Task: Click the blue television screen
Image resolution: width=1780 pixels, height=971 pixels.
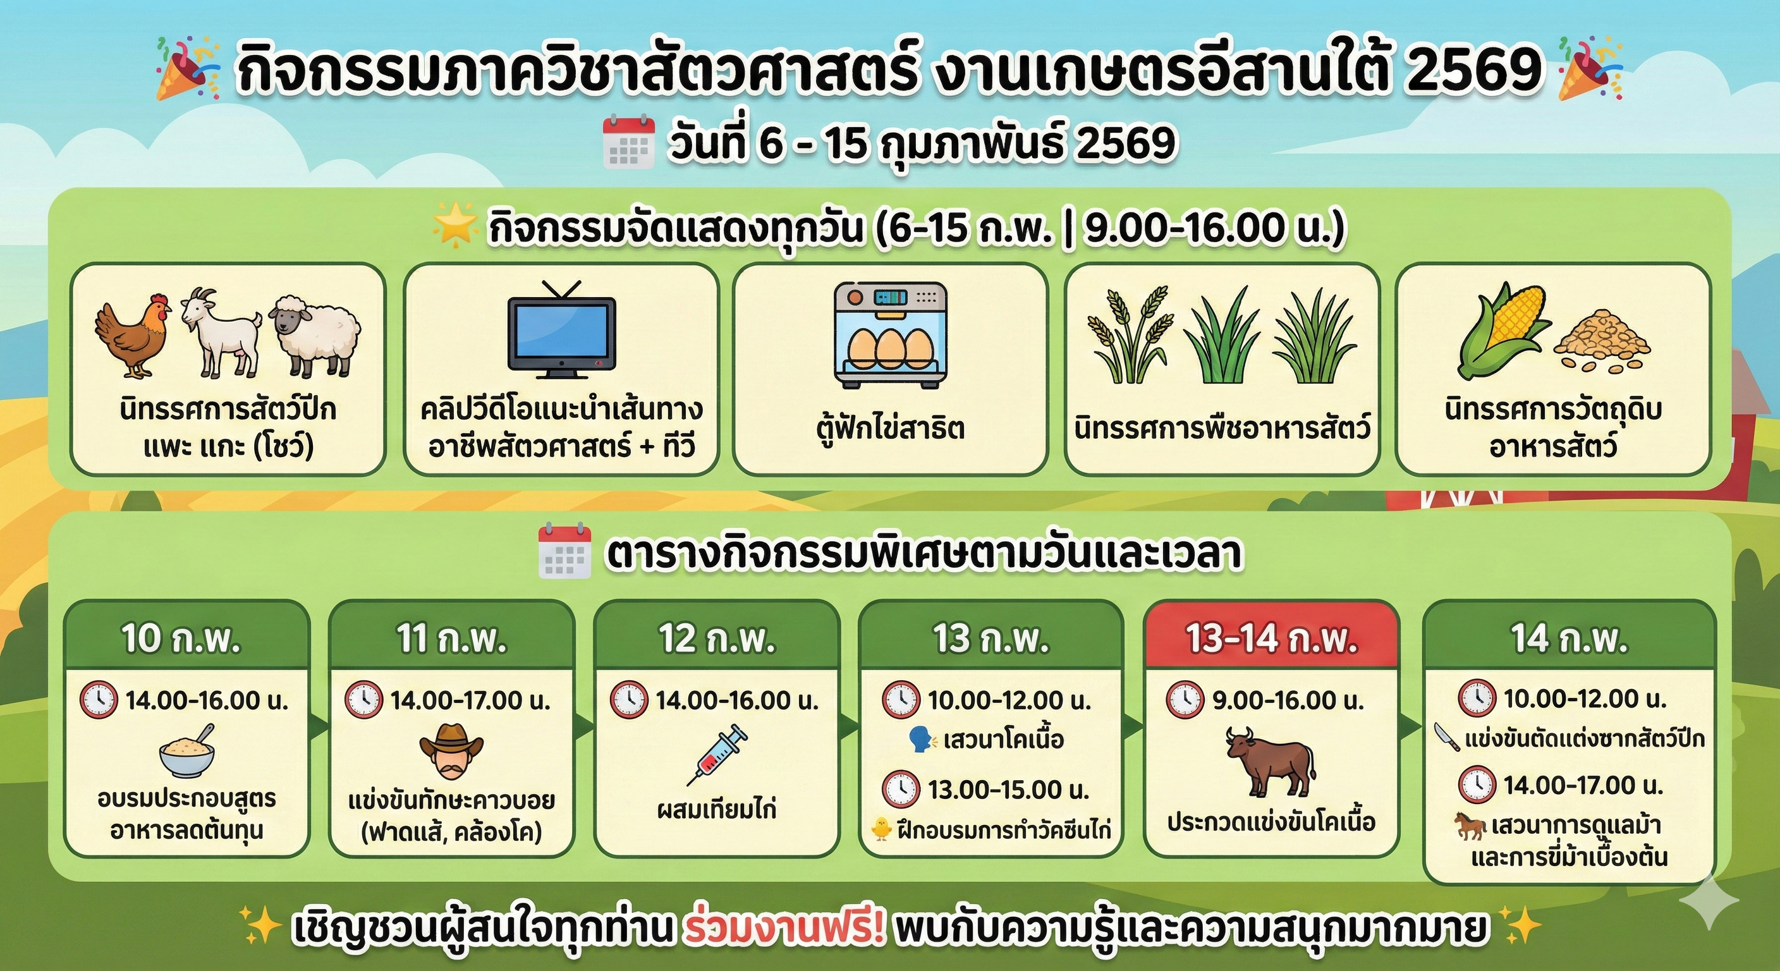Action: coord(561,334)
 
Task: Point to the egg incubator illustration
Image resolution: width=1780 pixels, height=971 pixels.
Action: coord(890,333)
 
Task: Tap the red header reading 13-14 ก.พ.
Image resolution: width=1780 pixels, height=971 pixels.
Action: coord(1271,637)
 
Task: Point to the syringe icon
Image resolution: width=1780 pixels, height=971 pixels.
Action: coord(717,755)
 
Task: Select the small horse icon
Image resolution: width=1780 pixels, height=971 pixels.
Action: coord(1469,825)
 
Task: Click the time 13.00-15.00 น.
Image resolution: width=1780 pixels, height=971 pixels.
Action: coord(1008,789)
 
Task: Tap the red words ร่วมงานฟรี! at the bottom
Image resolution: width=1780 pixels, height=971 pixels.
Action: coord(784,929)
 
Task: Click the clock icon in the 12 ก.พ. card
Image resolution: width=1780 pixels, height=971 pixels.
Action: coord(629,700)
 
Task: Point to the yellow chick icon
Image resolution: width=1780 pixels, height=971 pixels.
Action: coord(882,829)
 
